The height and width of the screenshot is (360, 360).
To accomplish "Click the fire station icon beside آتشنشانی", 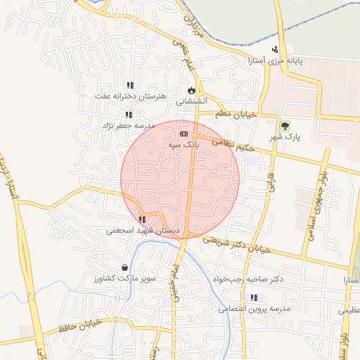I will tap(191, 90).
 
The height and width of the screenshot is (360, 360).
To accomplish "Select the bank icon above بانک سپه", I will tap(184, 133).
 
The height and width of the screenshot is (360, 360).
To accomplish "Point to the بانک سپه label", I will tap(184, 143).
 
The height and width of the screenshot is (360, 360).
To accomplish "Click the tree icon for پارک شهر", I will tap(285, 127).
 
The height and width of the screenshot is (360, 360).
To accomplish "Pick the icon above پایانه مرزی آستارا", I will tap(274, 49).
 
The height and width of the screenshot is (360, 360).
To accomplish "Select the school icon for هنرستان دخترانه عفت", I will tap(129, 85).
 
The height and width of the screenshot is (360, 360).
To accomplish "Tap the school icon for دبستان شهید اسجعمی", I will tap(143, 219).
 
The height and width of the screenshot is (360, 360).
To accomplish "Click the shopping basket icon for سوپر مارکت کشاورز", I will tap(125, 268).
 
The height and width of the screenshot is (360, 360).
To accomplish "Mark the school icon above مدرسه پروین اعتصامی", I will tap(254, 297).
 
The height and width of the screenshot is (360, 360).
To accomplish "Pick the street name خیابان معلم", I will tap(233, 114).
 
